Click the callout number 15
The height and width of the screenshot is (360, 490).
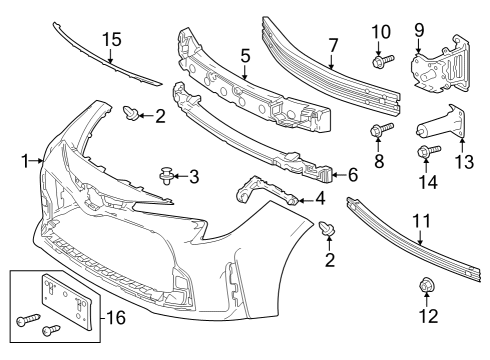tap(111, 41)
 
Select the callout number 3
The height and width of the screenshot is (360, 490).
tap(194, 177)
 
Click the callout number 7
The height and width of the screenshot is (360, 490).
tap(334, 44)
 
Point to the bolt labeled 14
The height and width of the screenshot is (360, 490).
tap(423, 152)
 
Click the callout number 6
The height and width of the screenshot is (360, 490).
tap(351, 174)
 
